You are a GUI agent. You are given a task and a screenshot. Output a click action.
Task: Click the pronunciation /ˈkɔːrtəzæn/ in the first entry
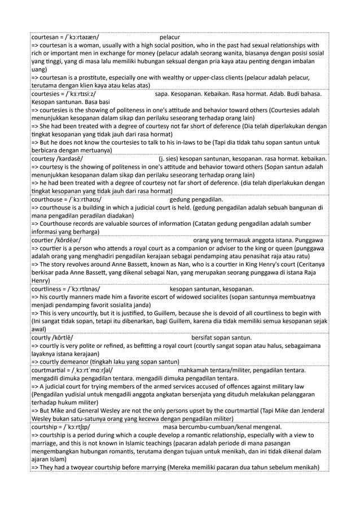pyautogui.click(x=79, y=38)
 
